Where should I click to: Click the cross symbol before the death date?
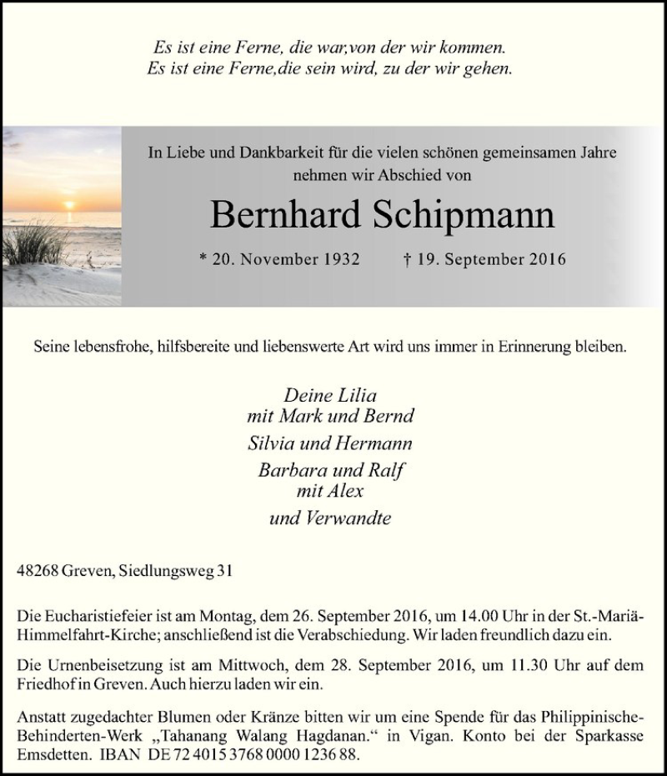click(406, 259)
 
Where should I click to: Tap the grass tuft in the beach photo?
click(33, 243)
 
